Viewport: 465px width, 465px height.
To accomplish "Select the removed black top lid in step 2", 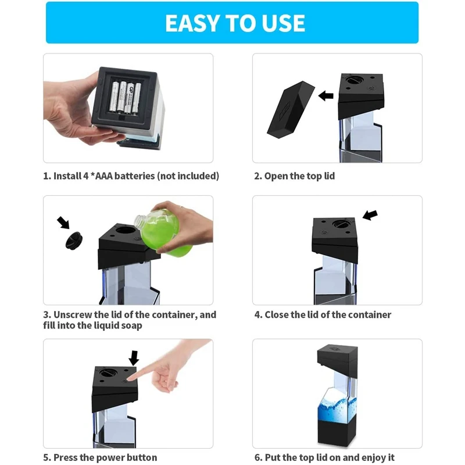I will coord(289,110).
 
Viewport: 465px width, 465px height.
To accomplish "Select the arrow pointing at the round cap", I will coord(63,222).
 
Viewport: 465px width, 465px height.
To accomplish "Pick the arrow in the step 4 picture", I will coord(370,215).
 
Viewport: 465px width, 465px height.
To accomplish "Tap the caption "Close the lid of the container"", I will coord(328,314).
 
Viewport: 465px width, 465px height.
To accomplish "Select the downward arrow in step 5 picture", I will coord(134,357).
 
